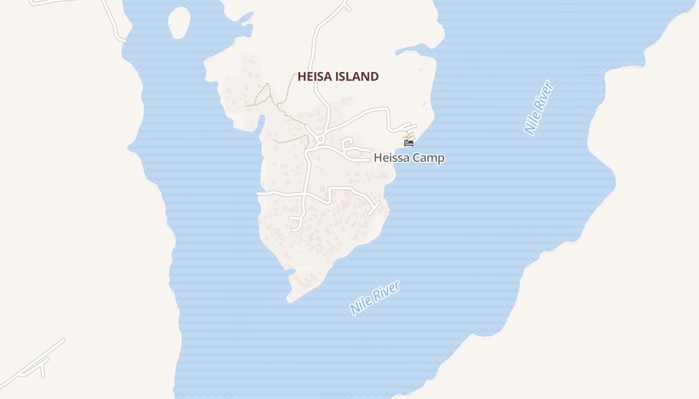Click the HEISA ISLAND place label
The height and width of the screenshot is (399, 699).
pos(338,76)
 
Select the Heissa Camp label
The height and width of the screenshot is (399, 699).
pos(409,158)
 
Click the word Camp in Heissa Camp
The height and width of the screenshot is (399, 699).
pos(428,158)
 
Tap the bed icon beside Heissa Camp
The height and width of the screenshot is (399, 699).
pos(409,143)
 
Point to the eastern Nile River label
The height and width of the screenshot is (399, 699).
pos(539,108)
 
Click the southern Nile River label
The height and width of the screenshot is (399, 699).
pos(375,298)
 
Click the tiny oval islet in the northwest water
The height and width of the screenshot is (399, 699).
pos(179,22)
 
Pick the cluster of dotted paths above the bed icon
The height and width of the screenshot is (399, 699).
pos(409,135)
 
